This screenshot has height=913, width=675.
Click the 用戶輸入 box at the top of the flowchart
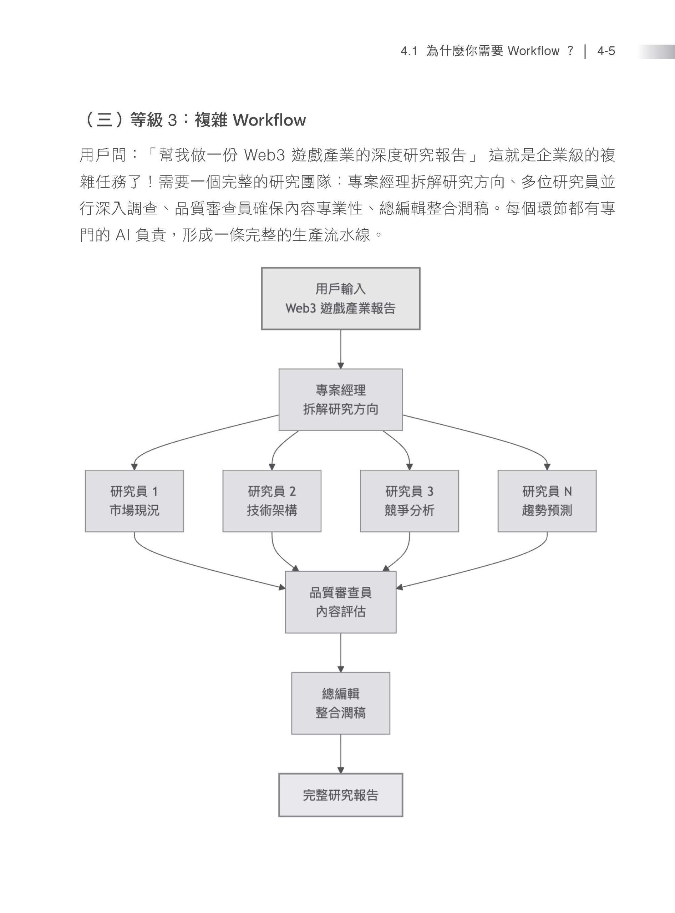(x=340, y=298)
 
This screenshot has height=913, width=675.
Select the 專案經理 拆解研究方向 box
(x=340, y=399)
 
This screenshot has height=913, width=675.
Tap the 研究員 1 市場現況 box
(x=134, y=501)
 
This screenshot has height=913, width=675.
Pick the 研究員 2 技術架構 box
(x=272, y=501)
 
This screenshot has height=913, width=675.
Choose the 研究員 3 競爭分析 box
(x=410, y=501)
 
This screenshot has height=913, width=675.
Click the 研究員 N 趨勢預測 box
(x=547, y=501)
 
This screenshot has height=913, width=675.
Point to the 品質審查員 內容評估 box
(x=340, y=602)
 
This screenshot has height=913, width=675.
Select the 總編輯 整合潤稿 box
(x=340, y=703)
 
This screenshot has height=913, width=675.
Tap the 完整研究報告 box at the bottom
(x=340, y=795)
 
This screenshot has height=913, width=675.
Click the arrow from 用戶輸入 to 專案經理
(x=340, y=349)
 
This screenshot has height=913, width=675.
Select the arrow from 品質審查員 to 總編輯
(x=340, y=653)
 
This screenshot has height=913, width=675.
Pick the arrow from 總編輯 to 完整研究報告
(x=340, y=754)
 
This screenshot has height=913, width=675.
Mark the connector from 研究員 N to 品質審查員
(x=490, y=566)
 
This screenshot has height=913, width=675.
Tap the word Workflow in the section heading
(x=269, y=120)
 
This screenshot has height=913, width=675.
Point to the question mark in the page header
(x=570, y=51)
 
